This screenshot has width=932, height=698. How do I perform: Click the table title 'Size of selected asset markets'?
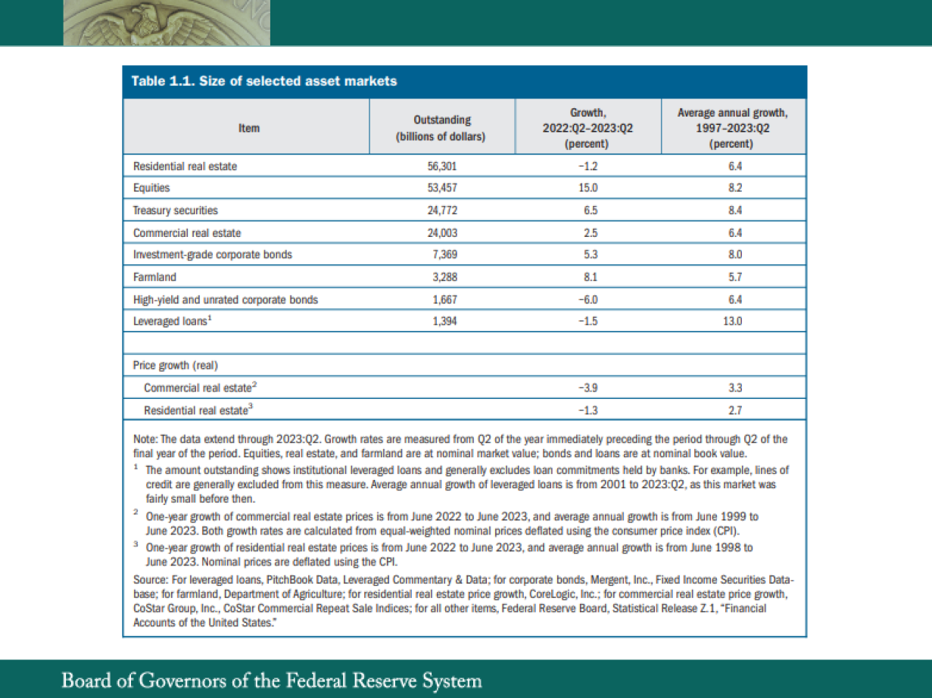point(264,82)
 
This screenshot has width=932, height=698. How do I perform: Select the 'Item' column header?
point(248,128)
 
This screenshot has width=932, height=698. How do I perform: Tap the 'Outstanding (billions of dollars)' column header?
point(441,128)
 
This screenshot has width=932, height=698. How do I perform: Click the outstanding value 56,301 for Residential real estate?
point(441,167)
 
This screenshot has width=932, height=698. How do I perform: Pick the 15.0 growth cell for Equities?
point(588,188)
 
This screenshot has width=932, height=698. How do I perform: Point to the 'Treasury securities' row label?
point(176,210)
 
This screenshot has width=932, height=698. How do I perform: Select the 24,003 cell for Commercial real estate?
point(441,233)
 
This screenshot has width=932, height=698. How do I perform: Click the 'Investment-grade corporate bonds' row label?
point(212,255)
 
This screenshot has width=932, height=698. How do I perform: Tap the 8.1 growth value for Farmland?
point(588,277)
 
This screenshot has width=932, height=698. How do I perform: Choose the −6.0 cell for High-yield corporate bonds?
point(588,300)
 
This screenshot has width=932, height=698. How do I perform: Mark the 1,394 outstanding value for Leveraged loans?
point(441,322)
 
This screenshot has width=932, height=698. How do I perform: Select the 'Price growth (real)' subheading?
point(176,366)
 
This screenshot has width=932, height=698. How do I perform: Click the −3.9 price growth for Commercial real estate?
point(588,388)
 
